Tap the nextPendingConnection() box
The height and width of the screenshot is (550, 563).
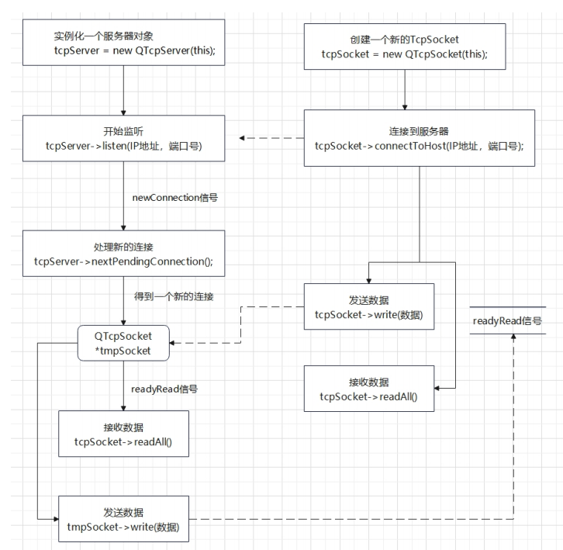pyautogui.click(x=123, y=253)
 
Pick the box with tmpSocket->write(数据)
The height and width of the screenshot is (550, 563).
pyautogui.click(x=123, y=518)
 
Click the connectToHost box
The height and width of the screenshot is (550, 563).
pyautogui.click(x=420, y=138)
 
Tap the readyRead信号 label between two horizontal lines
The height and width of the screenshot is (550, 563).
pyautogui.click(x=506, y=319)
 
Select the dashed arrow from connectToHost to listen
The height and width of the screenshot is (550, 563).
pyautogui.click(x=271, y=139)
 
